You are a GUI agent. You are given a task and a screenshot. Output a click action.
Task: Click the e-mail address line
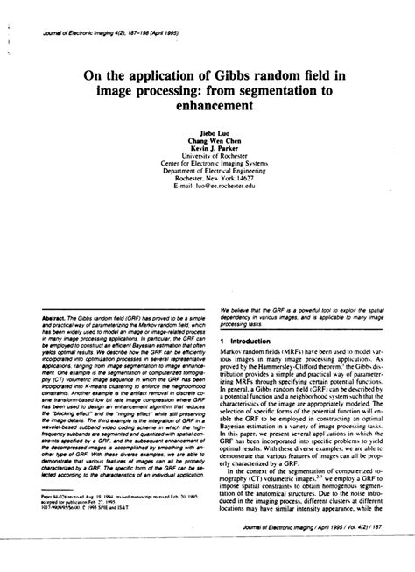[x=207, y=184]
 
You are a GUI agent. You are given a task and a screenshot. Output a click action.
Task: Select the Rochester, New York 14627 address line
[x=207, y=176]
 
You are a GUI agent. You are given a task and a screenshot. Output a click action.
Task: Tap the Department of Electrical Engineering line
[x=207, y=168]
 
